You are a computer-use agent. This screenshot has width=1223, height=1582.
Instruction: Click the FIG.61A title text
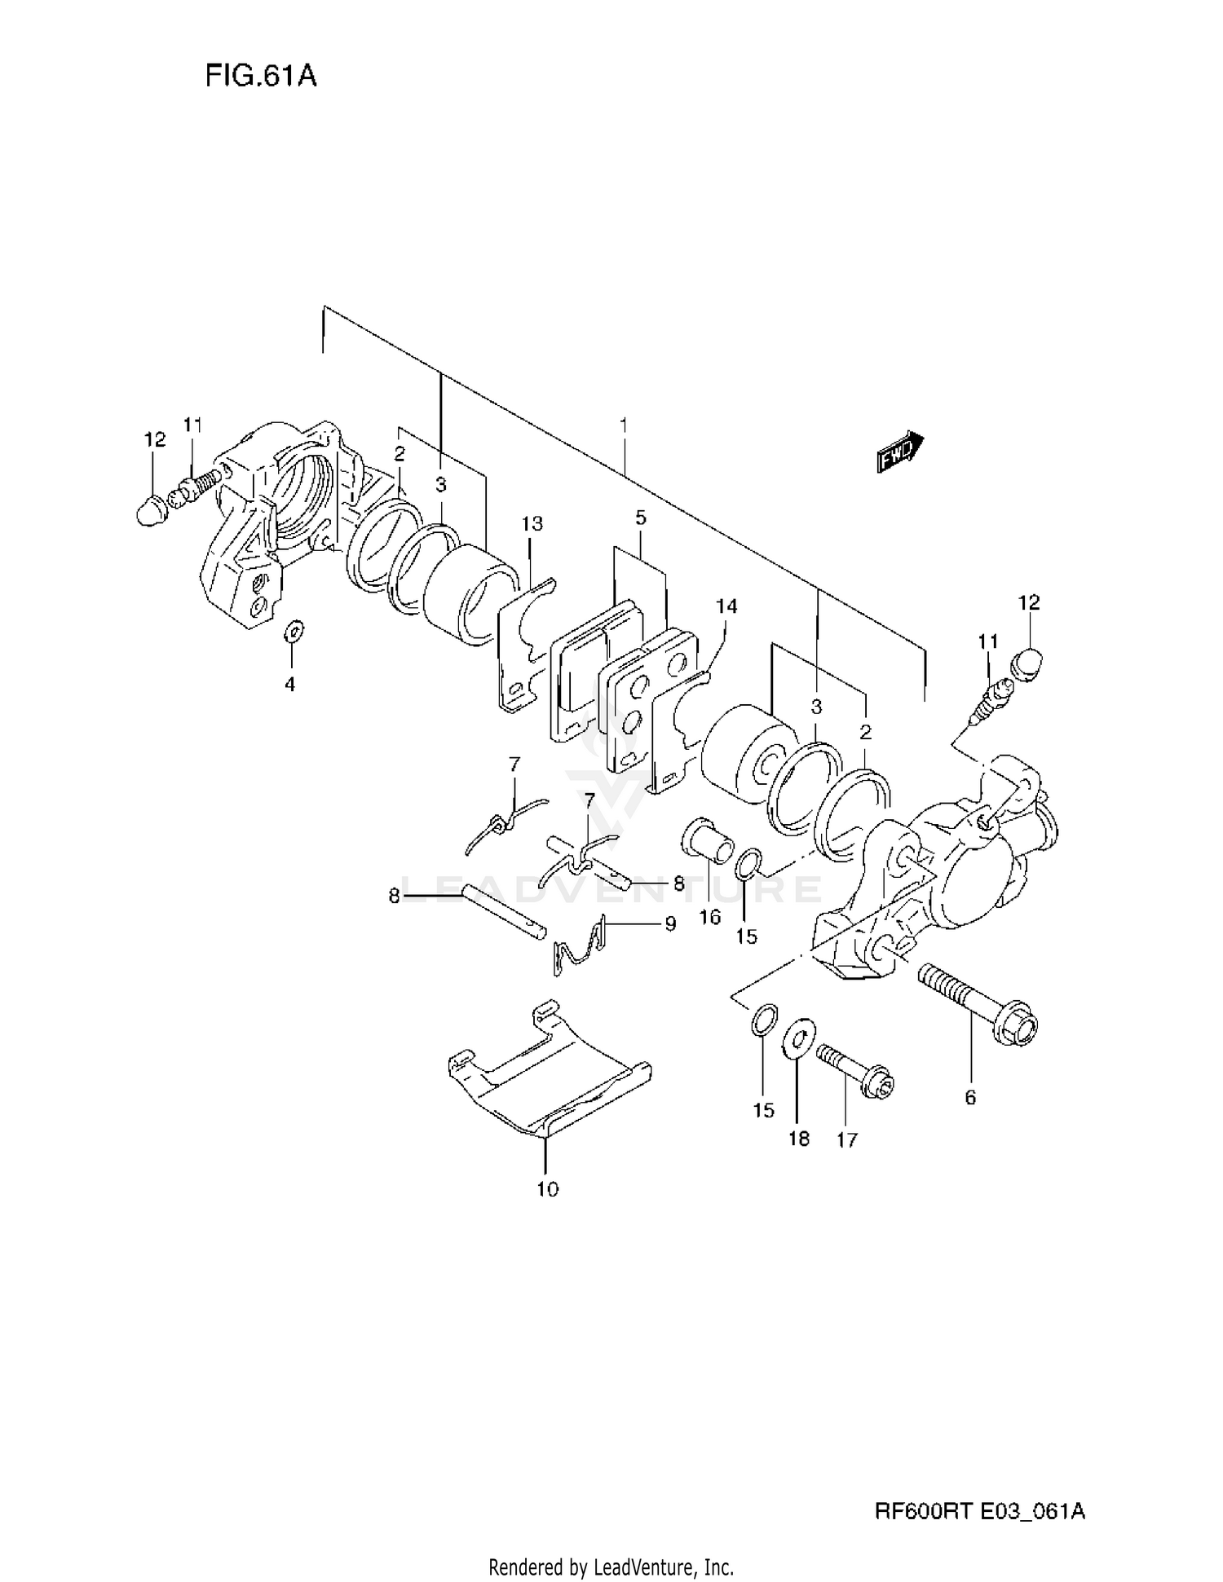tap(260, 76)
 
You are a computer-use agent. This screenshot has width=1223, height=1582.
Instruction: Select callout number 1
tap(624, 425)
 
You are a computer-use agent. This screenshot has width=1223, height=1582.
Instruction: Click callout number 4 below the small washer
tap(289, 685)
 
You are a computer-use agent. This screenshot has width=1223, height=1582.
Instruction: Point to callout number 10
tap(548, 1189)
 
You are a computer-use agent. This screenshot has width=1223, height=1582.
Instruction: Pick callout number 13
tap(532, 523)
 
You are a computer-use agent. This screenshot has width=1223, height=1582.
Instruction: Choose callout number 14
tap(726, 606)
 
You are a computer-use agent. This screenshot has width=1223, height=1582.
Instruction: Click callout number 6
tap(970, 1097)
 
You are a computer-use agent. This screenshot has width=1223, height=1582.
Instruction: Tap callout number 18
tap(799, 1139)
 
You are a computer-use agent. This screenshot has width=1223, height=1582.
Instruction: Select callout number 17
tap(847, 1139)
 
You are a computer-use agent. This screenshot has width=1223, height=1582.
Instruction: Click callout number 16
tap(710, 917)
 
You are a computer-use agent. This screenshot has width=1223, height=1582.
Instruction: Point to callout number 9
tap(670, 924)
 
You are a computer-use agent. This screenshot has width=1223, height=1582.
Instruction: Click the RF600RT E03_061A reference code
tap(979, 1512)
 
